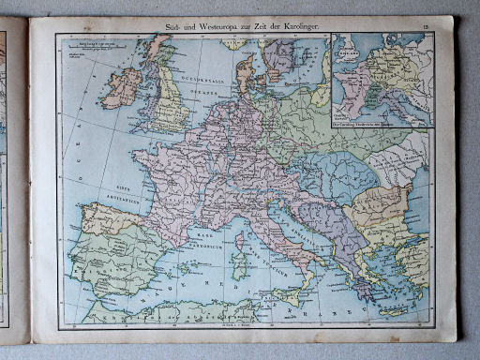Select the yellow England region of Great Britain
coord(170,103)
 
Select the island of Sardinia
coord(240,264)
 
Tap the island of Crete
coord(394,310)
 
